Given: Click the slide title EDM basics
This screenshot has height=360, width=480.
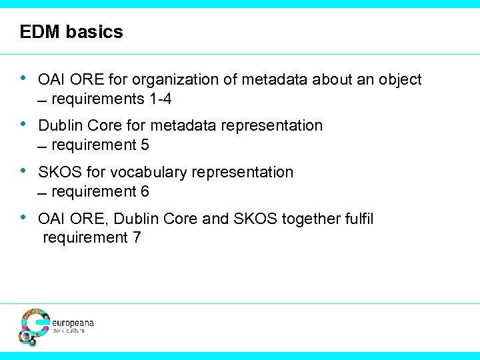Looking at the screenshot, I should (71, 32).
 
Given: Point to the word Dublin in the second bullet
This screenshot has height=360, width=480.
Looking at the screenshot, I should (60, 125).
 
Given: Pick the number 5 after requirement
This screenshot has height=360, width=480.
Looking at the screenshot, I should (145, 145).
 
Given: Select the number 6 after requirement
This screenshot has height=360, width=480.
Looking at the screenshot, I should (145, 191).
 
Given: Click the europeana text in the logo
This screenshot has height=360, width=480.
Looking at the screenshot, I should (73, 323).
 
